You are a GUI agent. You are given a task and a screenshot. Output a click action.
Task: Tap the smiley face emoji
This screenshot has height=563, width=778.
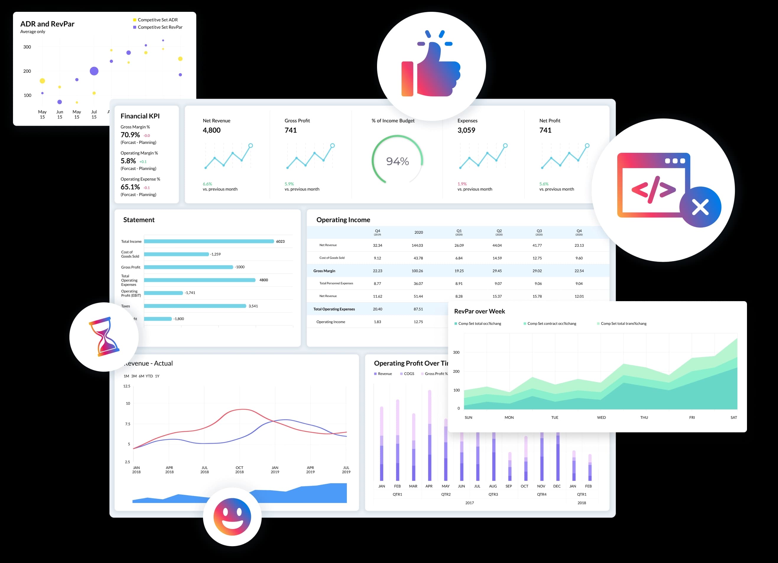[x=232, y=516]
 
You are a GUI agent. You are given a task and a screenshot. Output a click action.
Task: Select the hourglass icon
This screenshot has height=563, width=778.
[x=104, y=337]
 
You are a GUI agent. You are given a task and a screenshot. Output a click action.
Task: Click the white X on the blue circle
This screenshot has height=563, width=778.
[x=700, y=207]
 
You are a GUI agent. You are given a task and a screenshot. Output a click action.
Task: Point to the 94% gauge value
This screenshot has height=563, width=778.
[x=397, y=161]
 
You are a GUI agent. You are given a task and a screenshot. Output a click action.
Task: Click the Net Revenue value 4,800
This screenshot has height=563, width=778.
[x=212, y=130]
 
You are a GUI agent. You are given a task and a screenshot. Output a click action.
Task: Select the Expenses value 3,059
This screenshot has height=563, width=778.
[x=466, y=130]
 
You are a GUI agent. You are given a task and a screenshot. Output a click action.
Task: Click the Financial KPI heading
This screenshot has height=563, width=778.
[x=140, y=116]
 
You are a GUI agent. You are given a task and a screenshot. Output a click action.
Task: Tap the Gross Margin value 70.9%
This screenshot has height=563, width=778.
[x=130, y=135]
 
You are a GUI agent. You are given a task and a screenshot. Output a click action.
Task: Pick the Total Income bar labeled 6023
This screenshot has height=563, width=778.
[x=209, y=241]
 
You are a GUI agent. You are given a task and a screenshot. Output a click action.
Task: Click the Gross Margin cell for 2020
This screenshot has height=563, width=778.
[x=417, y=271]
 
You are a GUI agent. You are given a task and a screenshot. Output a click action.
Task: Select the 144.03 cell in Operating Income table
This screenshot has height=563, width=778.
[x=417, y=246]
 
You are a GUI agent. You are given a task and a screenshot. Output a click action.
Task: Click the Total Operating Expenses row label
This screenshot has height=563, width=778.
[x=334, y=309]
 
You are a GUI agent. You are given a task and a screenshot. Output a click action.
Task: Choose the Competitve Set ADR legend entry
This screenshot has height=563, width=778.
[x=157, y=20]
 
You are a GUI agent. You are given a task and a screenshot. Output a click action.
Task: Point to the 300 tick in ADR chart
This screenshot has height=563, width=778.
[x=27, y=47]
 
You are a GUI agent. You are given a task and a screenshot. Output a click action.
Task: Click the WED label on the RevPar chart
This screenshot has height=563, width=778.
[x=601, y=418]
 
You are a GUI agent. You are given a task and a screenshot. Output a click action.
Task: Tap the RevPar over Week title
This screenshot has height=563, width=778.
[x=479, y=311]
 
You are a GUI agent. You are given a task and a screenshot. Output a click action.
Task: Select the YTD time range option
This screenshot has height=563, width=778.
[x=149, y=376]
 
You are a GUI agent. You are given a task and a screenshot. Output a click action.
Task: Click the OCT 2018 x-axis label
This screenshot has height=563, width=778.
[x=239, y=470]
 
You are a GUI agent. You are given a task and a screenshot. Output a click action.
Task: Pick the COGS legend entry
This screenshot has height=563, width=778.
[x=409, y=374]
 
